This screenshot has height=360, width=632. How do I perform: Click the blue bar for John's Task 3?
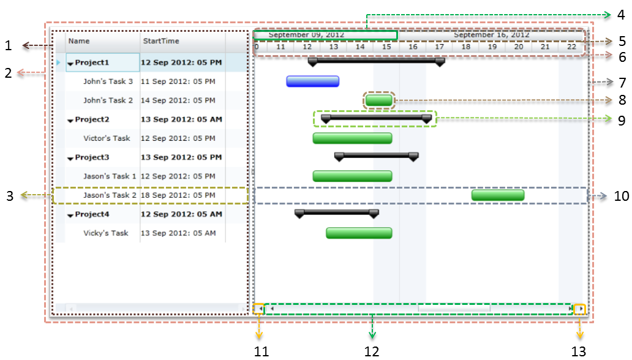tap(312, 81)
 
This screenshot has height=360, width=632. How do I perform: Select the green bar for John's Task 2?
tap(378, 100)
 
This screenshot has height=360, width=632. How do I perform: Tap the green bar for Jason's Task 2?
tap(497, 195)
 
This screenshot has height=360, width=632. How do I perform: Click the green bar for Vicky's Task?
tap(358, 233)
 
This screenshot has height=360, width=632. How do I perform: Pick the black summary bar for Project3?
tap(377, 156)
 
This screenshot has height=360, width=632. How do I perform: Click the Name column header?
tap(79, 41)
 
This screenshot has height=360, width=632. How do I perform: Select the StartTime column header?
tap(161, 41)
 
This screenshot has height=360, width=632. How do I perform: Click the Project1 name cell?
tap(92, 62)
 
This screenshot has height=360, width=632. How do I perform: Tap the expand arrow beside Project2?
tap(70, 120)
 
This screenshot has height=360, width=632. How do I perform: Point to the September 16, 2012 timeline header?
tap(491, 35)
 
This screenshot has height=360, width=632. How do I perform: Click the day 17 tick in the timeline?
tap(439, 47)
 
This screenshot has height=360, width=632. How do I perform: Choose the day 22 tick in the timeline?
tap(571, 47)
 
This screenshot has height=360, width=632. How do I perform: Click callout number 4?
tap(621, 14)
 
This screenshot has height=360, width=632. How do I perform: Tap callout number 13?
tap(579, 351)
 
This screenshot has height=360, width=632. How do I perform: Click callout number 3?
tap(10, 196)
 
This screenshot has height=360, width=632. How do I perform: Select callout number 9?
tap(621, 120)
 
